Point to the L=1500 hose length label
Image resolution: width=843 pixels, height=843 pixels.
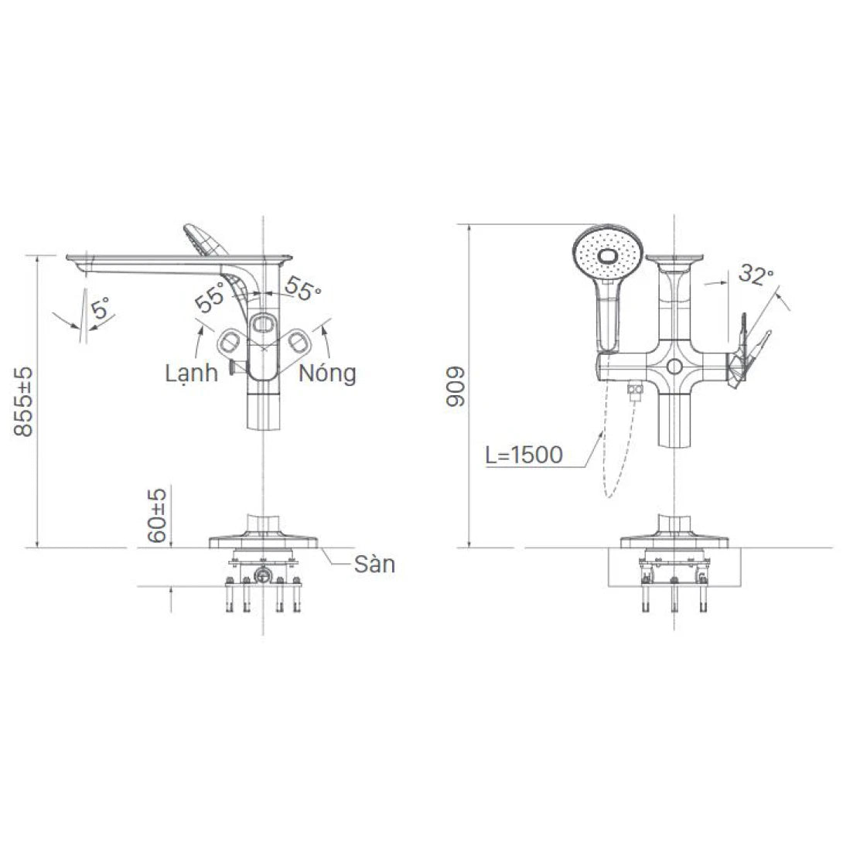coord(524,455)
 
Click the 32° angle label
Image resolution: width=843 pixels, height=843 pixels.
coord(755,274)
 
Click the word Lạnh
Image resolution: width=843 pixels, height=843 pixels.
coord(191,374)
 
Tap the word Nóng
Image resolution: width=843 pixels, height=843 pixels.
coord(328,374)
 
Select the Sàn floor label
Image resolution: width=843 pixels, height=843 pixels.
coord(374,565)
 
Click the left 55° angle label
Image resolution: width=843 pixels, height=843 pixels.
coord(210,297)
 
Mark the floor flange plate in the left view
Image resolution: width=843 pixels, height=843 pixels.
coord(264,540)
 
